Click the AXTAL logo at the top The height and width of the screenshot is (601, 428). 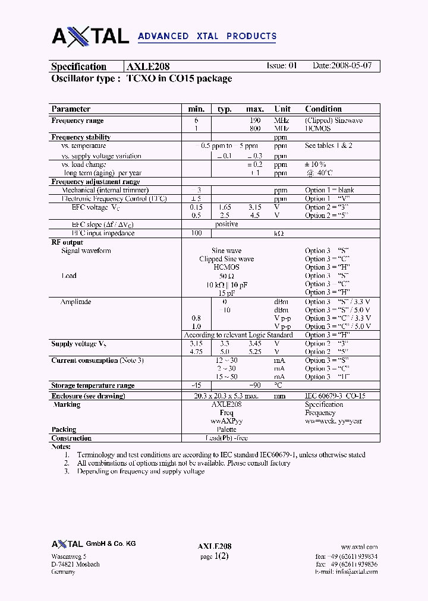90,36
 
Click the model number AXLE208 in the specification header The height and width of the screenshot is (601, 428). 148,67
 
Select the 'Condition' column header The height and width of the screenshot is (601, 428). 323,109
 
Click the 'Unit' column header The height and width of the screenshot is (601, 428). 282,109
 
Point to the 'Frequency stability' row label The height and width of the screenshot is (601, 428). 81,137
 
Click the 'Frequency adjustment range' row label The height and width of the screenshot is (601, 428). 95,182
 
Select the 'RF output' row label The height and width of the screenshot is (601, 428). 67,242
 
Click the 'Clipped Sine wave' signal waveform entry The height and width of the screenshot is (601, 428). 226,259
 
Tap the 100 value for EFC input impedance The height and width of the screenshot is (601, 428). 196,233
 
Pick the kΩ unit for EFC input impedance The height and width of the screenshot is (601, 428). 278,233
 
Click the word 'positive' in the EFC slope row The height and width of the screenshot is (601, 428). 226,224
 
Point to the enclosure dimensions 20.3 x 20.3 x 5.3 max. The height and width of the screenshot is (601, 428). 226,396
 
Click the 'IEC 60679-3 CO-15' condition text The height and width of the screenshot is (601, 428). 335,396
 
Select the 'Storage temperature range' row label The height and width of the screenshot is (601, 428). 93,385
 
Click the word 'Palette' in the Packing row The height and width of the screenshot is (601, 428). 226,429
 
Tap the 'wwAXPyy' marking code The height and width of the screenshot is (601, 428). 226,421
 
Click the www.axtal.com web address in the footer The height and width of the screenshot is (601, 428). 359,547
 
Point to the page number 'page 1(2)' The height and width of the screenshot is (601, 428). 214,556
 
